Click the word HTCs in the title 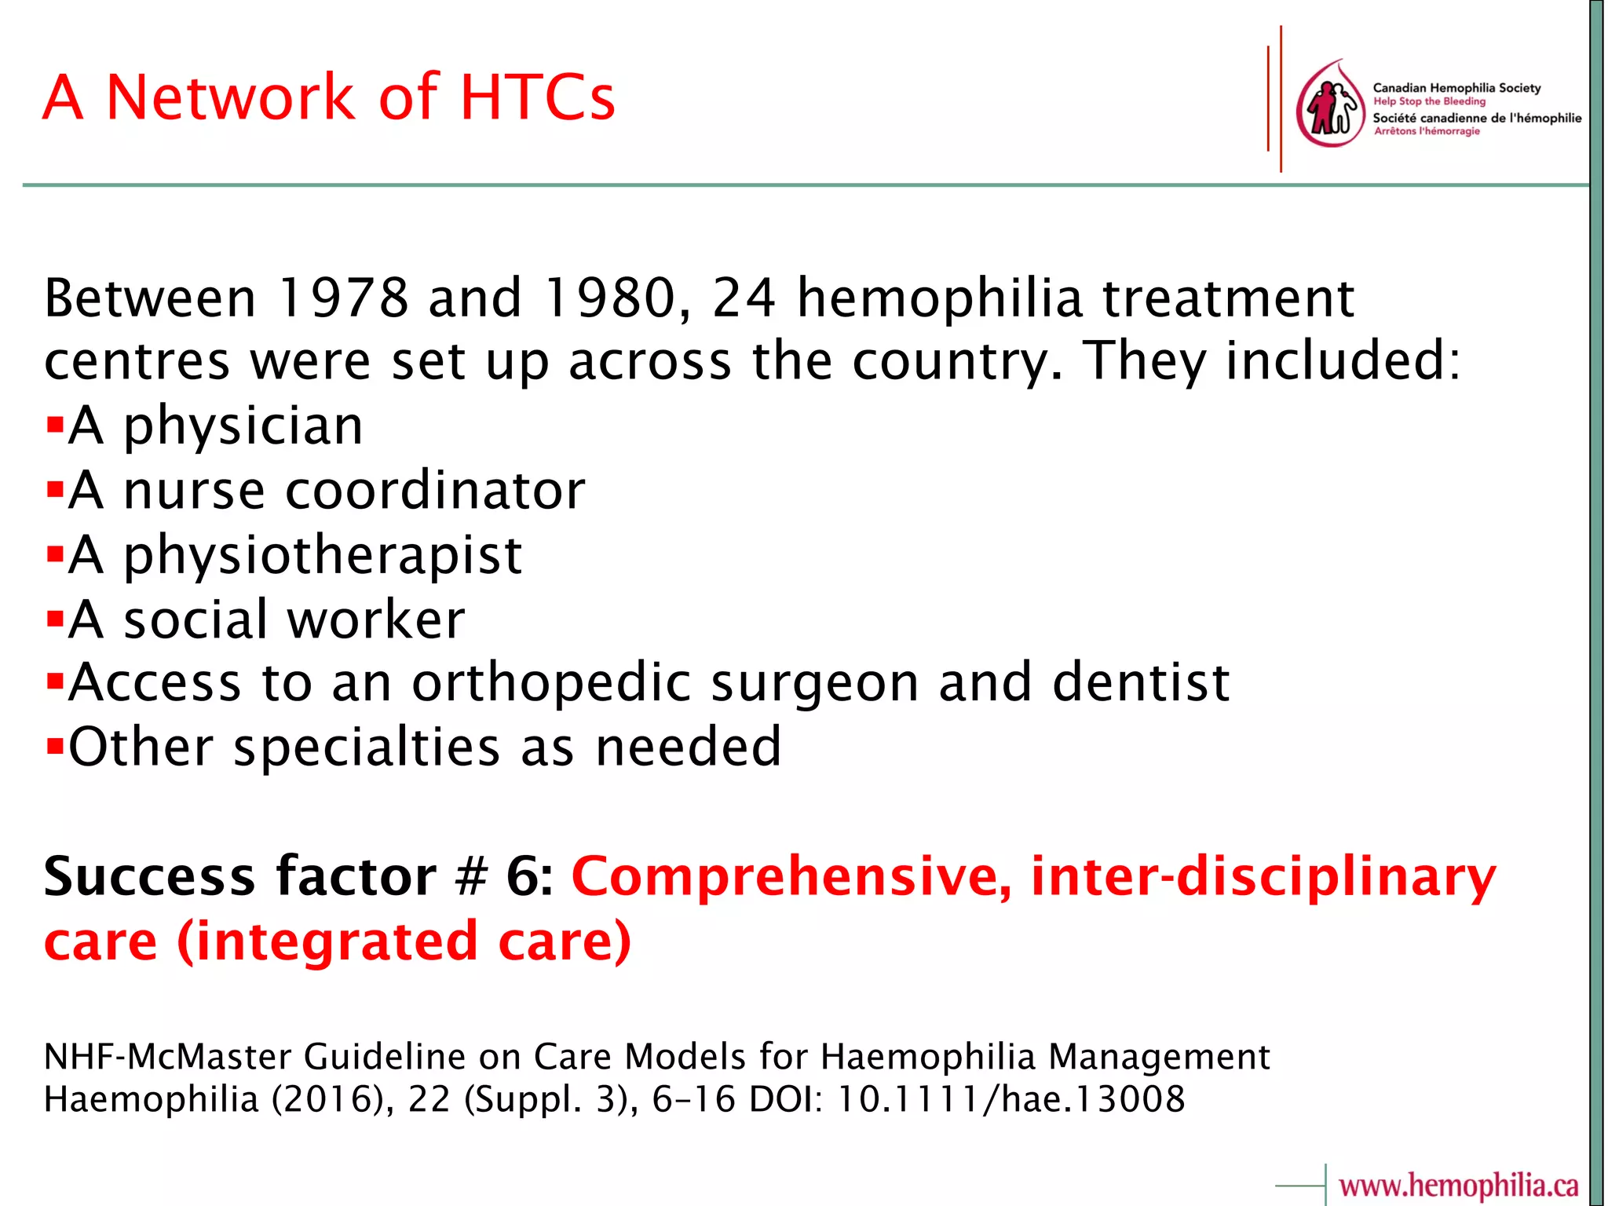coord(537,97)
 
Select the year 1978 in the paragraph coord(343,299)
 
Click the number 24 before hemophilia coord(744,299)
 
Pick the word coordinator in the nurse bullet coord(435,491)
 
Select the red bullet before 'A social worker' coord(54,619)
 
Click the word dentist coord(1140,682)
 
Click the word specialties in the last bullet coord(367,747)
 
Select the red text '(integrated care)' coord(404,941)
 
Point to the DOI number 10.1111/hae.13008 coord(1010,1099)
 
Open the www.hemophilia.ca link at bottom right coord(1458,1185)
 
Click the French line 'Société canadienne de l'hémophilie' coord(1476,118)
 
